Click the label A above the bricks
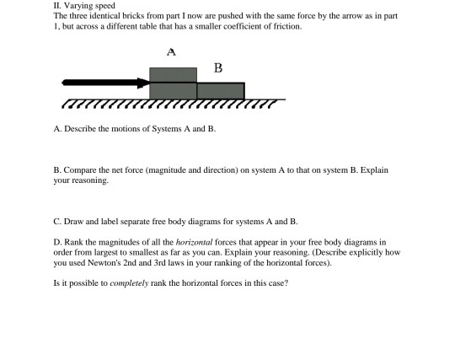coord(171,51)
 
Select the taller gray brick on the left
coord(173,83)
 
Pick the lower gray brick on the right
coord(221,90)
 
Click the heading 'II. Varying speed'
coord(78,6)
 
